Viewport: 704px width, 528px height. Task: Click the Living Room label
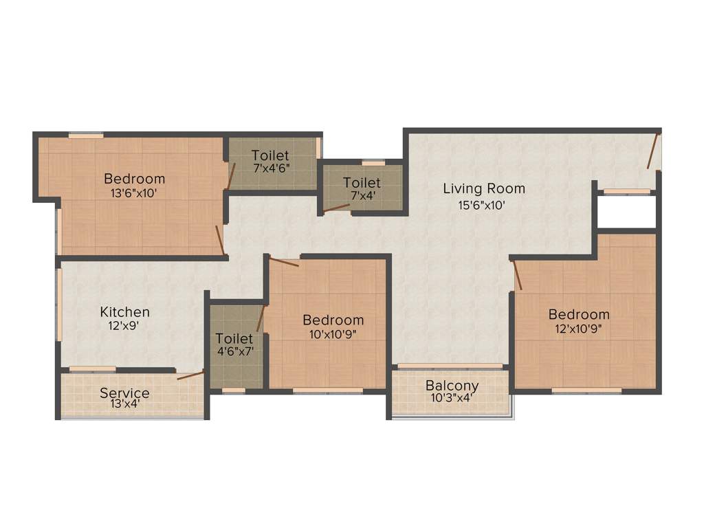click(x=483, y=188)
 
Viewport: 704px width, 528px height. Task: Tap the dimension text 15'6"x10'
click(x=483, y=204)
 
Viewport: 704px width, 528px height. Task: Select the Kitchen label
click(x=124, y=311)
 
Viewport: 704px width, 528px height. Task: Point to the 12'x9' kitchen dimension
click(x=124, y=327)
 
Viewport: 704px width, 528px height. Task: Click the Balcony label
click(x=452, y=385)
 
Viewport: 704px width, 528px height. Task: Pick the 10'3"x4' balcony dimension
click(x=452, y=397)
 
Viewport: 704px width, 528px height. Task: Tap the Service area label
click(x=124, y=393)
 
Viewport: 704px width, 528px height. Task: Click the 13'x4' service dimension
click(x=124, y=406)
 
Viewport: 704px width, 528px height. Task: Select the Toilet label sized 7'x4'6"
click(x=270, y=155)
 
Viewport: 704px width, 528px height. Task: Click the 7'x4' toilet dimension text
click(x=362, y=197)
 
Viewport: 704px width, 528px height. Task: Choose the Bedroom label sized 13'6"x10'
click(x=135, y=179)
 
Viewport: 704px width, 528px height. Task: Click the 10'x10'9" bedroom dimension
click(x=333, y=335)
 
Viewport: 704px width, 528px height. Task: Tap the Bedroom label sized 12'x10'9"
click(x=579, y=314)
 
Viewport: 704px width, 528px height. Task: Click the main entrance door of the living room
click(x=653, y=151)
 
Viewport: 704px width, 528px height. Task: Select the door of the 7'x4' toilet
click(x=337, y=207)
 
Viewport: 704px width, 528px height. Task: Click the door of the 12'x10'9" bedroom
click(x=518, y=275)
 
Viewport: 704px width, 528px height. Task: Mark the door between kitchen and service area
click(x=190, y=375)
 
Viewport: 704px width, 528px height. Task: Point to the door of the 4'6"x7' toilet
click(x=261, y=318)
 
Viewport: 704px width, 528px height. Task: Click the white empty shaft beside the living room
click(x=626, y=211)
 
